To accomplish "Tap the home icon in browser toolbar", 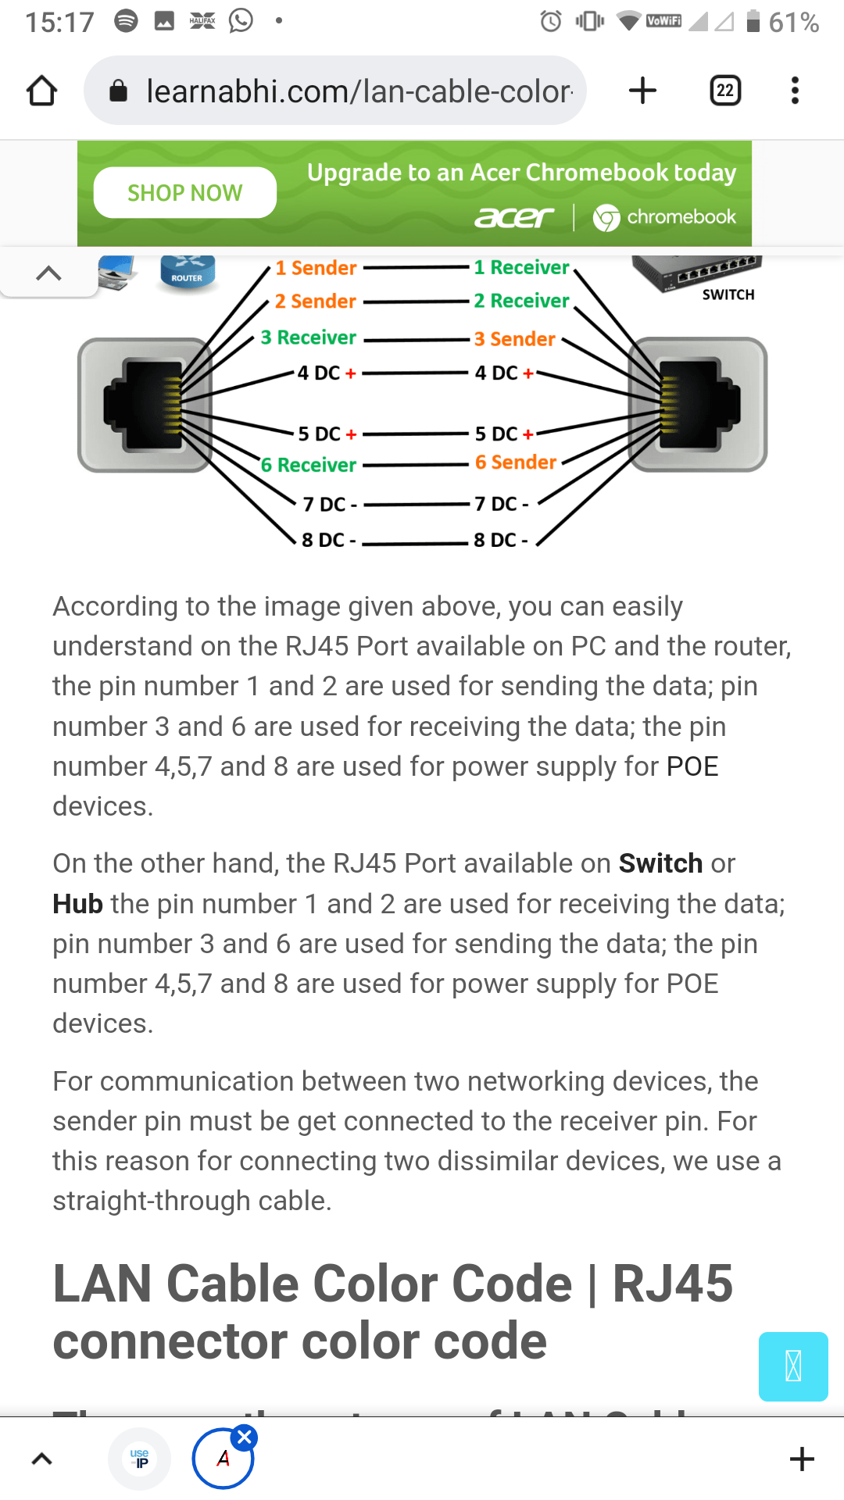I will [x=42, y=91].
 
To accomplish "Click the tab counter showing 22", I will [x=724, y=91].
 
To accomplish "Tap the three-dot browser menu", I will [x=795, y=91].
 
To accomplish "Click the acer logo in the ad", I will [x=514, y=217].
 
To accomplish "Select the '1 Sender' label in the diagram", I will [x=316, y=268].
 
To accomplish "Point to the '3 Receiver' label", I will [x=309, y=337].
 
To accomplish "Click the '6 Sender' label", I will [x=516, y=462].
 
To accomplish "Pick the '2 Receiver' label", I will [x=521, y=301].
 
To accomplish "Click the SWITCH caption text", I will [x=728, y=295].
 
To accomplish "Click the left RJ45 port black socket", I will [x=144, y=405].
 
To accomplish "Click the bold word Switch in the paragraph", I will [x=660, y=863].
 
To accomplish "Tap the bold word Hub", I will [x=77, y=904].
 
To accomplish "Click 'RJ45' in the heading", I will [x=672, y=1284].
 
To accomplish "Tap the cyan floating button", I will [x=792, y=1366].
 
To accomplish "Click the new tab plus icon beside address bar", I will [x=642, y=91].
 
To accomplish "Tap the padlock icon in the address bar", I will [x=119, y=91].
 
